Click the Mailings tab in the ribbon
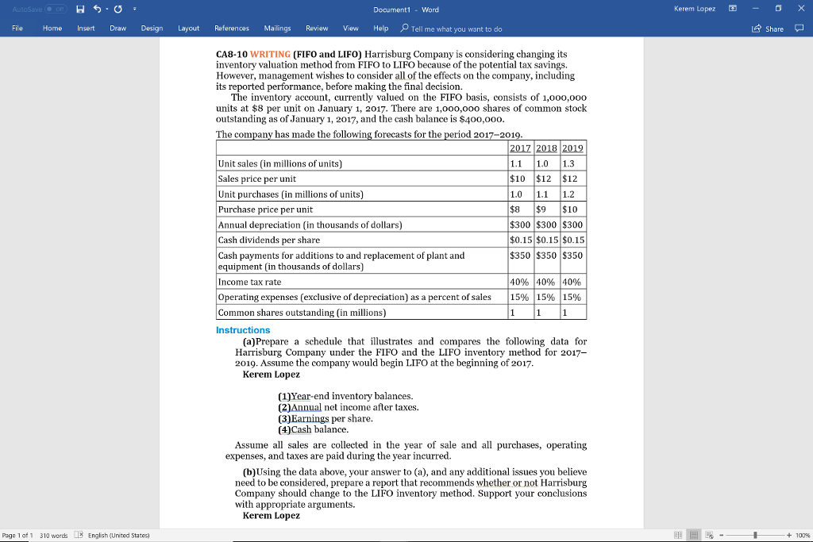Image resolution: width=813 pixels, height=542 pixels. pos(277,28)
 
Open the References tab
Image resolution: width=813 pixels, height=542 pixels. pos(232,28)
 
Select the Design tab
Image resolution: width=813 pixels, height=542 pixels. pos(152,28)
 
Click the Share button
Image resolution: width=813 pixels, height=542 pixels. pos(769,29)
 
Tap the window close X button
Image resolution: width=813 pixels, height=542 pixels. pos(799,9)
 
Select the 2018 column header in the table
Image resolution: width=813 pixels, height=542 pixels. pos(546,148)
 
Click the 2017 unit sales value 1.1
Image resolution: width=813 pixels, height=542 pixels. pos(516,163)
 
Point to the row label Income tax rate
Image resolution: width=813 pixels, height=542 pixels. pos(249,282)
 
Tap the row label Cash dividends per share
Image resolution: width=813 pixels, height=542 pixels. pos(268,240)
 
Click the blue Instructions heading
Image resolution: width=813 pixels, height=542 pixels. pos(243,330)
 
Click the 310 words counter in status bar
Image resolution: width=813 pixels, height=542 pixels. pos(56,535)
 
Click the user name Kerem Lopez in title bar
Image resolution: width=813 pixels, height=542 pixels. pos(694,9)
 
